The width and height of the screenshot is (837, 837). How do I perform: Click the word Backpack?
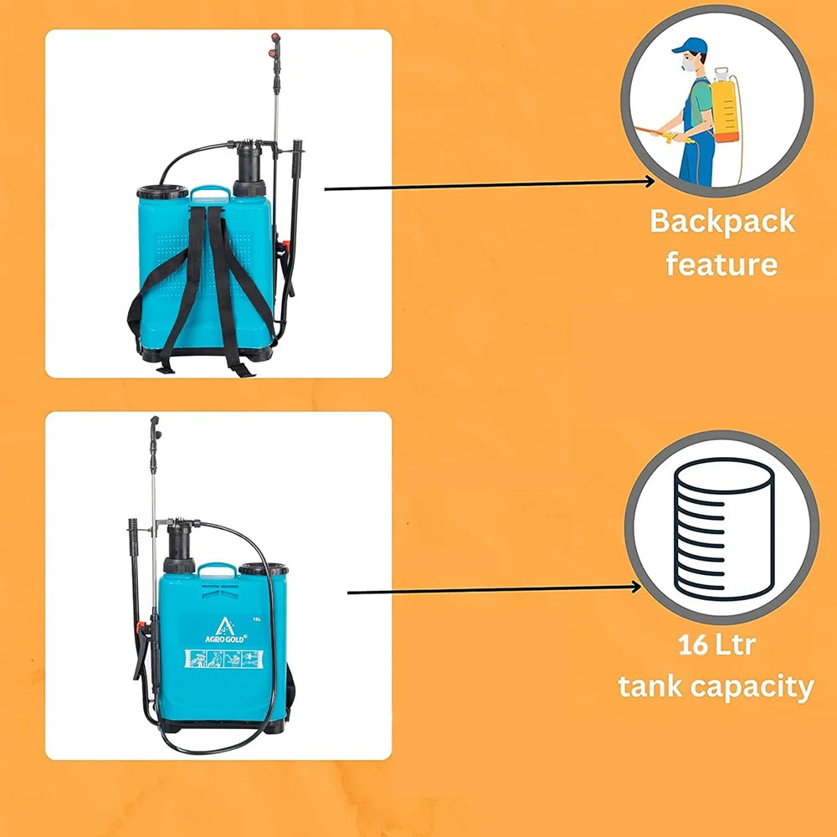tap(721, 222)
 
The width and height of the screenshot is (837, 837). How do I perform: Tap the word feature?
tap(721, 264)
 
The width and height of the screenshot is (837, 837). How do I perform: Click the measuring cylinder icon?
tap(721, 527)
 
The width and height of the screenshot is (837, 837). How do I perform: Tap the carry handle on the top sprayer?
tap(210, 193)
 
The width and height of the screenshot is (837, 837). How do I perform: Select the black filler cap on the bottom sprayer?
tap(263, 570)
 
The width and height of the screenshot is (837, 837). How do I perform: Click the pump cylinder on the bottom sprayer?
tap(179, 549)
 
